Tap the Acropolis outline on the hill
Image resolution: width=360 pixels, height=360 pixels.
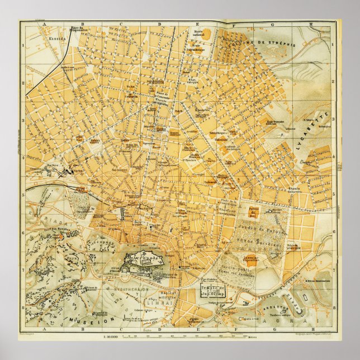tap(143, 260)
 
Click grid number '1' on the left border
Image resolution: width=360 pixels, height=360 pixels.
tap(22, 46)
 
